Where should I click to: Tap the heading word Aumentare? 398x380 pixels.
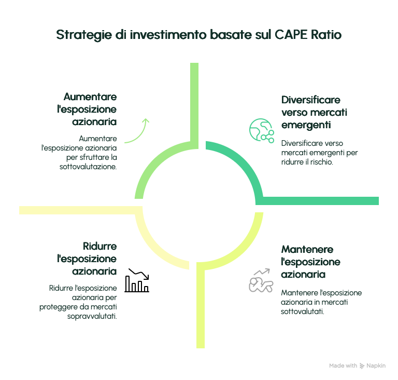pos(90,97)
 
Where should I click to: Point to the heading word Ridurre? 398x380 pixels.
pos(100,246)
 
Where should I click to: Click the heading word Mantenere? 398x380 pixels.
pos(307,249)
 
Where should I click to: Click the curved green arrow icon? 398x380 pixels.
pos(137,131)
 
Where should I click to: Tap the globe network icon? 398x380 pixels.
pos(261,130)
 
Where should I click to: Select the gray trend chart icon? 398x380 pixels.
pos(260,281)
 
